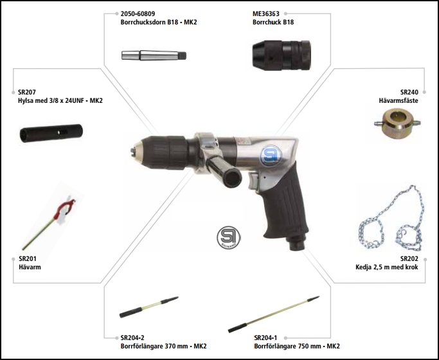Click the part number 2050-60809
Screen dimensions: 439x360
point(138,14)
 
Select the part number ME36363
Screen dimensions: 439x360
point(266,14)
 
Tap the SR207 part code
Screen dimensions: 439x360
point(27,92)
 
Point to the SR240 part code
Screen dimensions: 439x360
point(409,92)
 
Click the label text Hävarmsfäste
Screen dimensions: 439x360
point(399,100)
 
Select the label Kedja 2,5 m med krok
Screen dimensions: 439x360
point(387,267)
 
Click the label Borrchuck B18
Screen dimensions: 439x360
point(273,22)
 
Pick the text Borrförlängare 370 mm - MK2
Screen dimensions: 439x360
point(163,346)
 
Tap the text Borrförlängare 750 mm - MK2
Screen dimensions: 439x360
point(297,346)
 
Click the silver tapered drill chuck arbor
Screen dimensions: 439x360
point(154,55)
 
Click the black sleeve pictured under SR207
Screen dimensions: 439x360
point(51,133)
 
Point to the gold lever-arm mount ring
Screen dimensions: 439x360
point(397,123)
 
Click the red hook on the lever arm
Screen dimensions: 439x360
point(65,208)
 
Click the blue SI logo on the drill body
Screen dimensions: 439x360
point(271,156)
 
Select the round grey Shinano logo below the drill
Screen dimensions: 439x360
point(228,238)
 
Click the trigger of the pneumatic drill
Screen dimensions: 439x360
point(253,182)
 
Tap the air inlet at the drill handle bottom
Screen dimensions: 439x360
point(297,243)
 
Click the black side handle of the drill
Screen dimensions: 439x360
point(226,172)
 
